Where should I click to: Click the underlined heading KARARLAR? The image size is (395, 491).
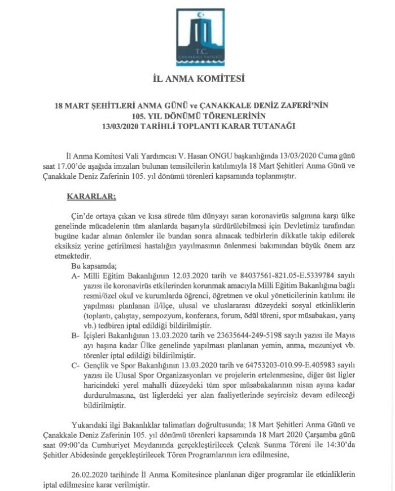click(91, 196)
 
